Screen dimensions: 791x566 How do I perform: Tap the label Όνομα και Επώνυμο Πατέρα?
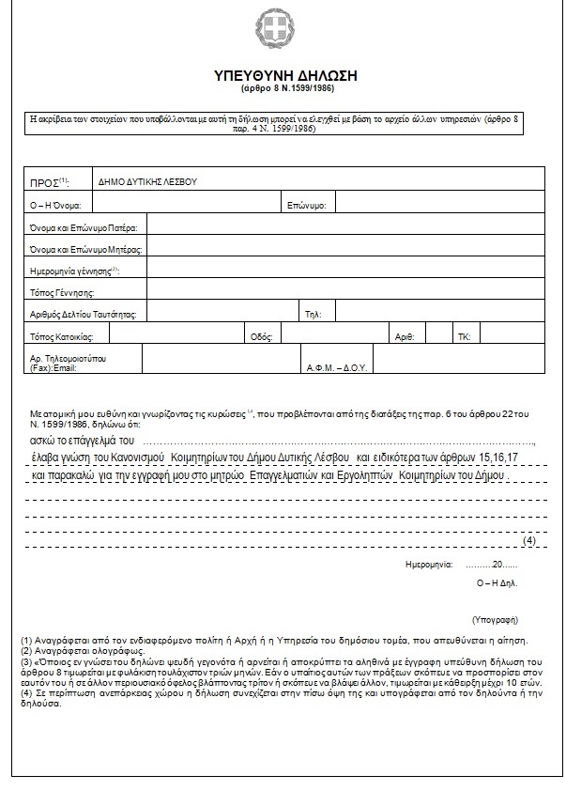pyautogui.click(x=84, y=227)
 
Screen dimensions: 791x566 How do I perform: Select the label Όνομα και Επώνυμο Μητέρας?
pyautogui.click(x=85, y=249)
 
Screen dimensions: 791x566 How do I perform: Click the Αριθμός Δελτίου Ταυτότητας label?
pyautogui.click(x=84, y=314)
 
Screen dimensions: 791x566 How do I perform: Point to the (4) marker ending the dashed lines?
pyautogui.click(x=528, y=540)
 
